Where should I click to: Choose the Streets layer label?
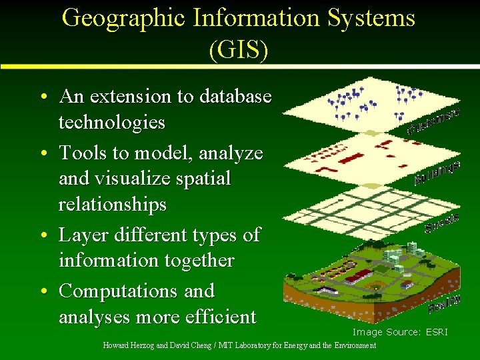pyautogui.click(x=442, y=223)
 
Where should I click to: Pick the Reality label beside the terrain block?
pyautogui.click(x=445, y=303)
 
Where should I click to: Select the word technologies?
pyautogui.click(x=111, y=123)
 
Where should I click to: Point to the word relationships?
pyautogui.click(x=112, y=205)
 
